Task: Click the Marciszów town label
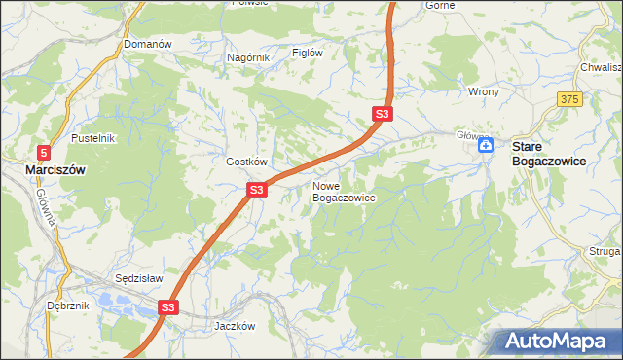click(x=55, y=169)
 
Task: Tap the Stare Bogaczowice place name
click(x=549, y=154)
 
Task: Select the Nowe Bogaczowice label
click(x=344, y=191)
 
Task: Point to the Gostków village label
click(x=246, y=162)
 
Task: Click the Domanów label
click(x=148, y=45)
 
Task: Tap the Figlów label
click(x=308, y=54)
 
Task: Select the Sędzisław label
click(x=137, y=277)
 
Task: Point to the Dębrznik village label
click(x=68, y=305)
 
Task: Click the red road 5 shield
click(x=44, y=152)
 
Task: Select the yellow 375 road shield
click(x=570, y=100)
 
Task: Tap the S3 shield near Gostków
click(x=256, y=190)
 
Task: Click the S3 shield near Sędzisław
click(x=168, y=307)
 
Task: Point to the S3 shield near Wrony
click(x=383, y=115)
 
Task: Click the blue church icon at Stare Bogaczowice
click(x=487, y=147)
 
